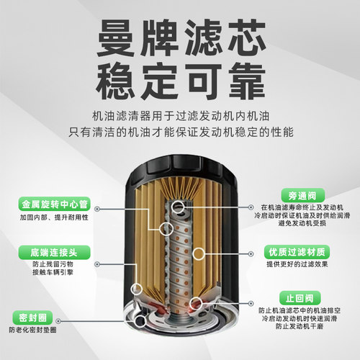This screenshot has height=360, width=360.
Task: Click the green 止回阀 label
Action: pyautogui.click(x=294, y=297)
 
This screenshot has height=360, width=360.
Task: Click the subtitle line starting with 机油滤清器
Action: pyautogui.click(x=179, y=115)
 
